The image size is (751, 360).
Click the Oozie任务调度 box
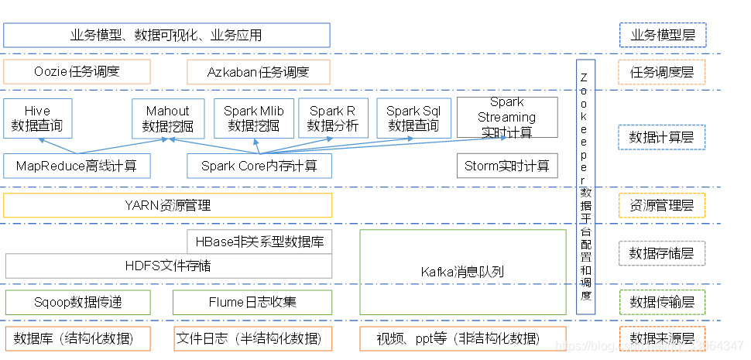pos(77,72)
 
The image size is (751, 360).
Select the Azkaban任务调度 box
pos(258,72)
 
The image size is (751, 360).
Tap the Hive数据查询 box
pos(37,118)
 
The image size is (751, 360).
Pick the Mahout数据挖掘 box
pos(168,118)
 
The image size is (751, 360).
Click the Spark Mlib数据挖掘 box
pos(254,118)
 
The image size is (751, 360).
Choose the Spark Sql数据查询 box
pos(413,118)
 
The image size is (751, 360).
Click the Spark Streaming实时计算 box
pos(507,118)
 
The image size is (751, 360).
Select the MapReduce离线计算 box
pos(77,166)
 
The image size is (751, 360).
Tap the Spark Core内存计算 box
pos(259,166)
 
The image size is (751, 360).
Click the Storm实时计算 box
pos(507,166)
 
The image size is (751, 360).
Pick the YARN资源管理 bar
pos(167,205)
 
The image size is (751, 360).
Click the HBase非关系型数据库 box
pos(259,242)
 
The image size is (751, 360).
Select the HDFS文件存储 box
pos(168,266)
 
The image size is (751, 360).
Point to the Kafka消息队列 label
pos(462,272)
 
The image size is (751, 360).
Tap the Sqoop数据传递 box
pos(77,302)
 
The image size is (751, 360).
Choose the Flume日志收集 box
pos(252,302)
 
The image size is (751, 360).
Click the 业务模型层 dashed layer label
pos(662,35)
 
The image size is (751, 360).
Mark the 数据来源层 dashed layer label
pos(662,338)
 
